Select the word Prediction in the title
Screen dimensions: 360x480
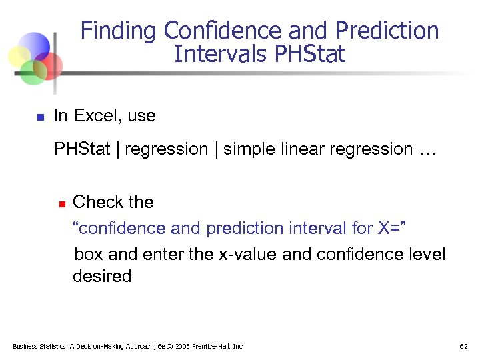[x=387, y=31]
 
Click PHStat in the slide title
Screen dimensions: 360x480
[x=310, y=54]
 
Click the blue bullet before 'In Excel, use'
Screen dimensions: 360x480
[x=40, y=117]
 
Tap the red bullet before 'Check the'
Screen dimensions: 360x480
[x=60, y=203]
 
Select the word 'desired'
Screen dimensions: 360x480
[x=102, y=276]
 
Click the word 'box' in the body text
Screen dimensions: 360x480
[x=88, y=255]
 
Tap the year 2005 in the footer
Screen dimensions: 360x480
[x=182, y=347]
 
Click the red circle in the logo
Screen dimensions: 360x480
[x=49, y=65]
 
